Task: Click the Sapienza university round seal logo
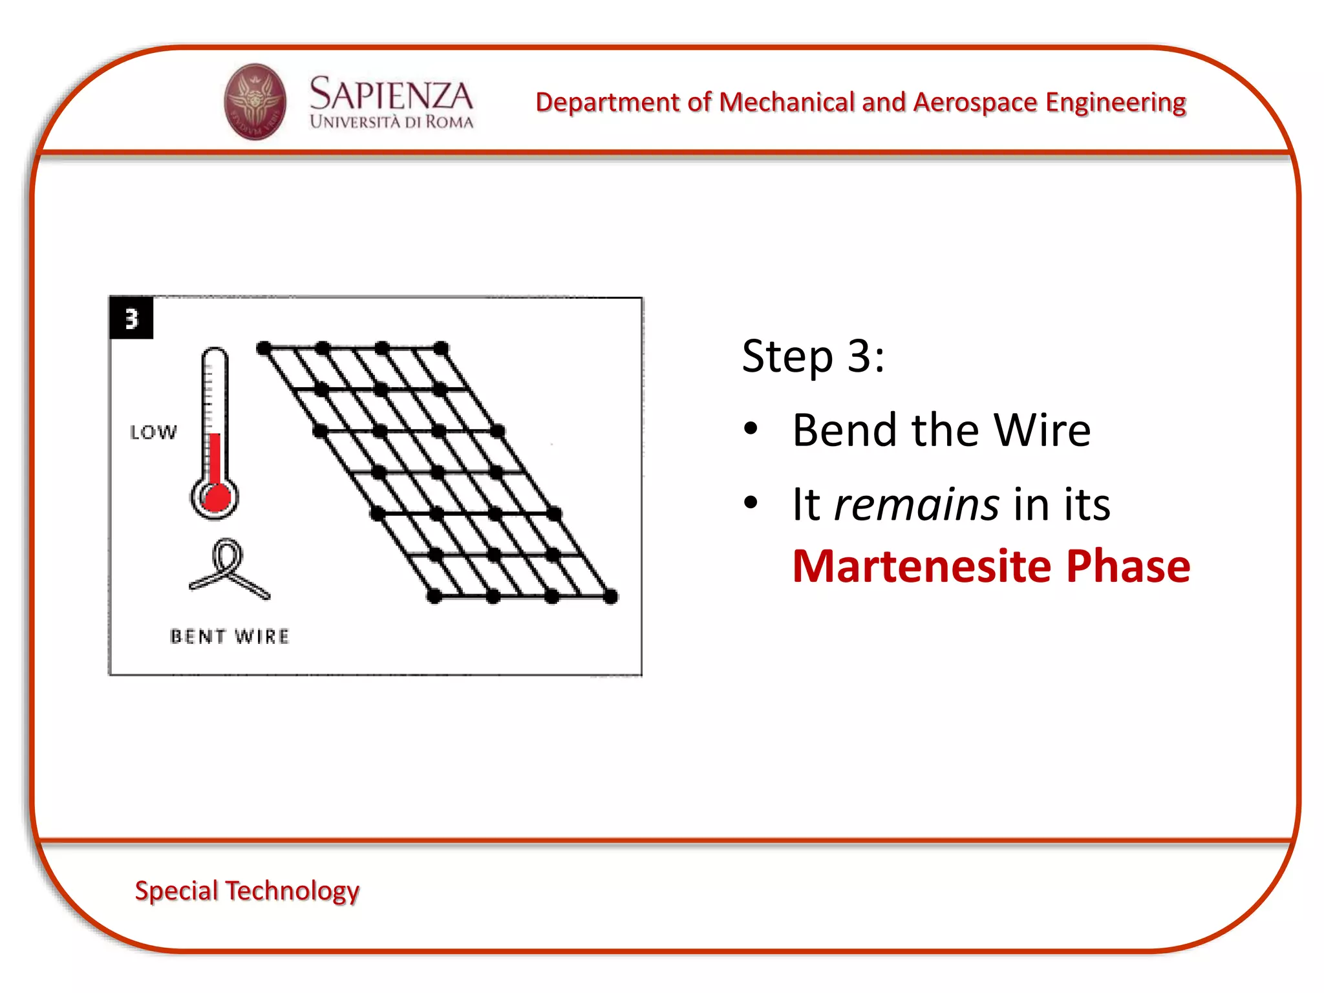pos(255,101)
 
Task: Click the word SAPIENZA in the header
pos(391,94)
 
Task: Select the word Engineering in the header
pos(1116,102)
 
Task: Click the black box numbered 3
pos(132,318)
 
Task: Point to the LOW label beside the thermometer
pos(153,432)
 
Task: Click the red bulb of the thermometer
pos(216,497)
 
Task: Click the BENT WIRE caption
pos(230,637)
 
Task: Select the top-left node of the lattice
pos(264,348)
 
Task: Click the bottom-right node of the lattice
pos(611,597)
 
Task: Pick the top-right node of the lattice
pos(441,348)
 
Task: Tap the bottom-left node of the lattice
pos(434,597)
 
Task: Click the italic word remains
pos(917,504)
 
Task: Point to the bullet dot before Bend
pos(751,429)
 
